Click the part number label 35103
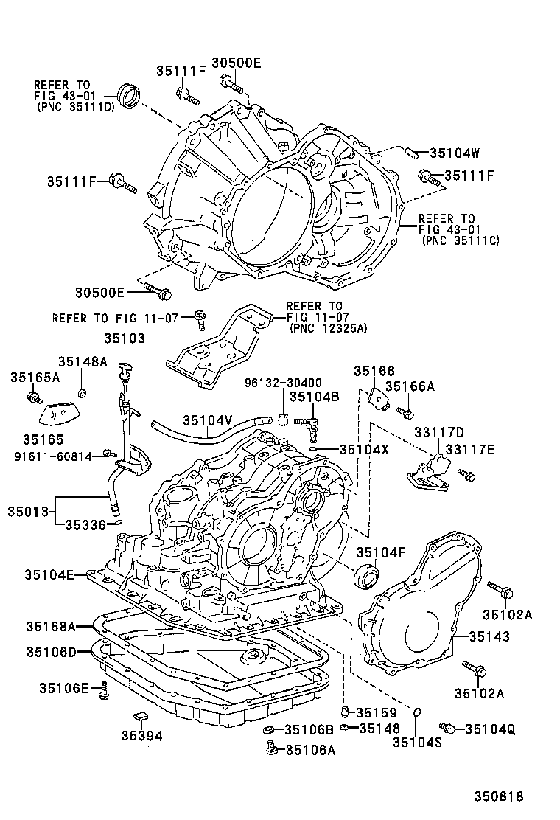(x=125, y=338)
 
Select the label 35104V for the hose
(x=208, y=420)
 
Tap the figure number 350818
(x=498, y=796)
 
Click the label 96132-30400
(x=284, y=383)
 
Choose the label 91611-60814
(x=52, y=456)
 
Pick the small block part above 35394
(x=139, y=715)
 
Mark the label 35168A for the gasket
(x=51, y=627)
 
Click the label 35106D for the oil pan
(x=51, y=652)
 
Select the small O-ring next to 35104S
(x=417, y=713)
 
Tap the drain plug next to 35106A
(x=270, y=749)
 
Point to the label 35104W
(x=454, y=153)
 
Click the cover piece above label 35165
(x=60, y=415)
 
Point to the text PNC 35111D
(x=76, y=106)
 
